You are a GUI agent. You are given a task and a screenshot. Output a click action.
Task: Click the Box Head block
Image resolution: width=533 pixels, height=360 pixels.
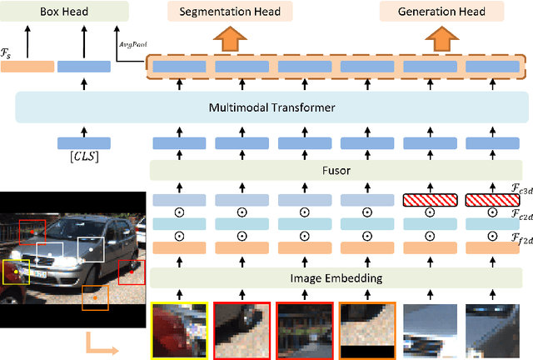[64, 11]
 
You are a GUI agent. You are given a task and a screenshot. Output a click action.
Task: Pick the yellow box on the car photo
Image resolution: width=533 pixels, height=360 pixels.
[15, 272]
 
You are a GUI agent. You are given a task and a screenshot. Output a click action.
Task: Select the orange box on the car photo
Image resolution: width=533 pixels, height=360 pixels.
[94, 297]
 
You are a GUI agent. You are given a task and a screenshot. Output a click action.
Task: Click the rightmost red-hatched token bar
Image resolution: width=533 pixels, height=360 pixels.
[491, 200]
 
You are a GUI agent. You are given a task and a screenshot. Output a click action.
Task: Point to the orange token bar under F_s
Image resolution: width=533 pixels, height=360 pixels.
[27, 65]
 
